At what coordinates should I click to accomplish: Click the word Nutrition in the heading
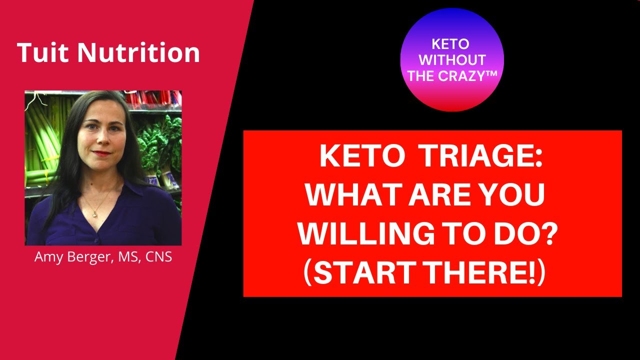138,52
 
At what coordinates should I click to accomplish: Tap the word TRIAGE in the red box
481,157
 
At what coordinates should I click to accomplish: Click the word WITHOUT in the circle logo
452,60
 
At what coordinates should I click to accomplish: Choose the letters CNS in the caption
158,256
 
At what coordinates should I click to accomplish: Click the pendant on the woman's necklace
95,213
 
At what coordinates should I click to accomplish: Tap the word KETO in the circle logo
450,44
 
